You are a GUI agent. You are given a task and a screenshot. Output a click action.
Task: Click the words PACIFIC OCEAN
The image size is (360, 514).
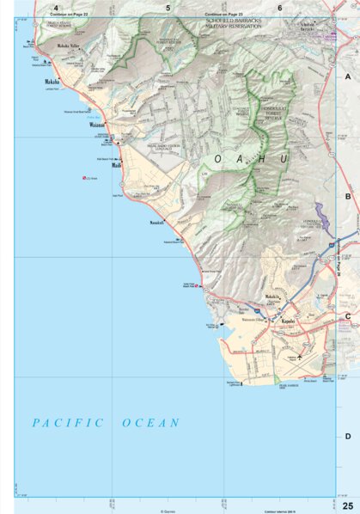pos(106,423)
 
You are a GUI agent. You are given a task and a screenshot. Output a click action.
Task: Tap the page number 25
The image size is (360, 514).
pos(347,503)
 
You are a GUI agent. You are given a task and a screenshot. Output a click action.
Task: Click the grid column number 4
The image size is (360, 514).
pos(55,8)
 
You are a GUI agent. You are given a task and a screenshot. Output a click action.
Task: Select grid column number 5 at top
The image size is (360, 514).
pos(168,8)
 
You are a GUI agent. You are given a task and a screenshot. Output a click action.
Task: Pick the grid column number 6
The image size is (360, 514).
pos(279,8)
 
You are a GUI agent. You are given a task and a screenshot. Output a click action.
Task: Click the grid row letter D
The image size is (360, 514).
pos(348,437)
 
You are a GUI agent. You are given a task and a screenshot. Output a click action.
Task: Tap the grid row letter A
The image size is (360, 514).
pos(348,76)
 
